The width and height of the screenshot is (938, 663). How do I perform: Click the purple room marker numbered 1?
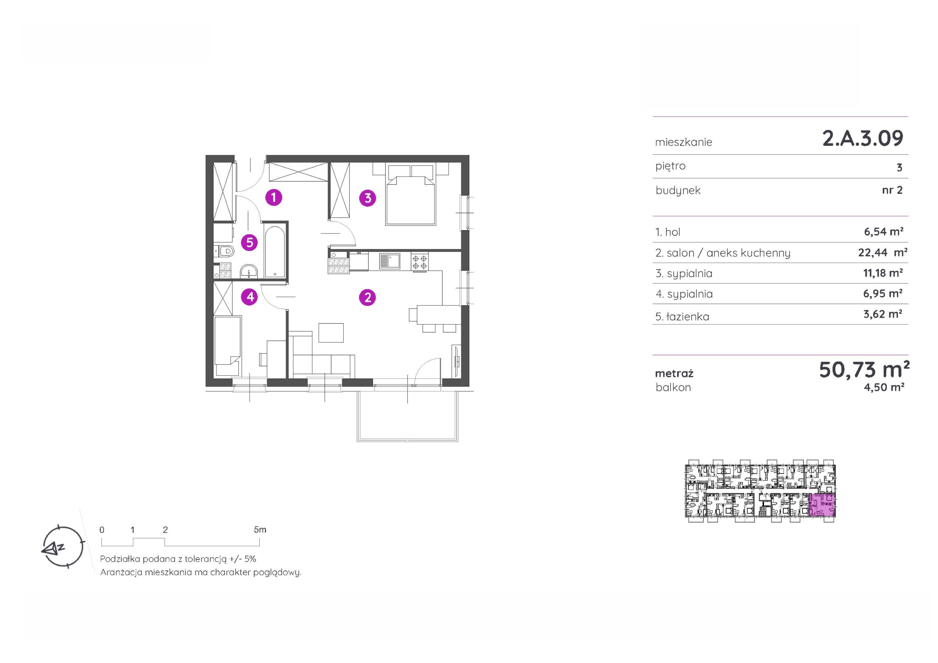[x=274, y=198]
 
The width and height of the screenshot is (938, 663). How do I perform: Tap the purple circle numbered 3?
[x=368, y=198]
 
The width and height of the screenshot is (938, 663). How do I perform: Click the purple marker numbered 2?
[x=368, y=297]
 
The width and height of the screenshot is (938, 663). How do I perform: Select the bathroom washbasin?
[x=248, y=271]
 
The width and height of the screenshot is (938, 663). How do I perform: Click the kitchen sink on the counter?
[x=390, y=261]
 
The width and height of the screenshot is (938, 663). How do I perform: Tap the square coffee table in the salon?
[x=331, y=332]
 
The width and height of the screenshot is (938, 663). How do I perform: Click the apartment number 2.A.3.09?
[x=862, y=138]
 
